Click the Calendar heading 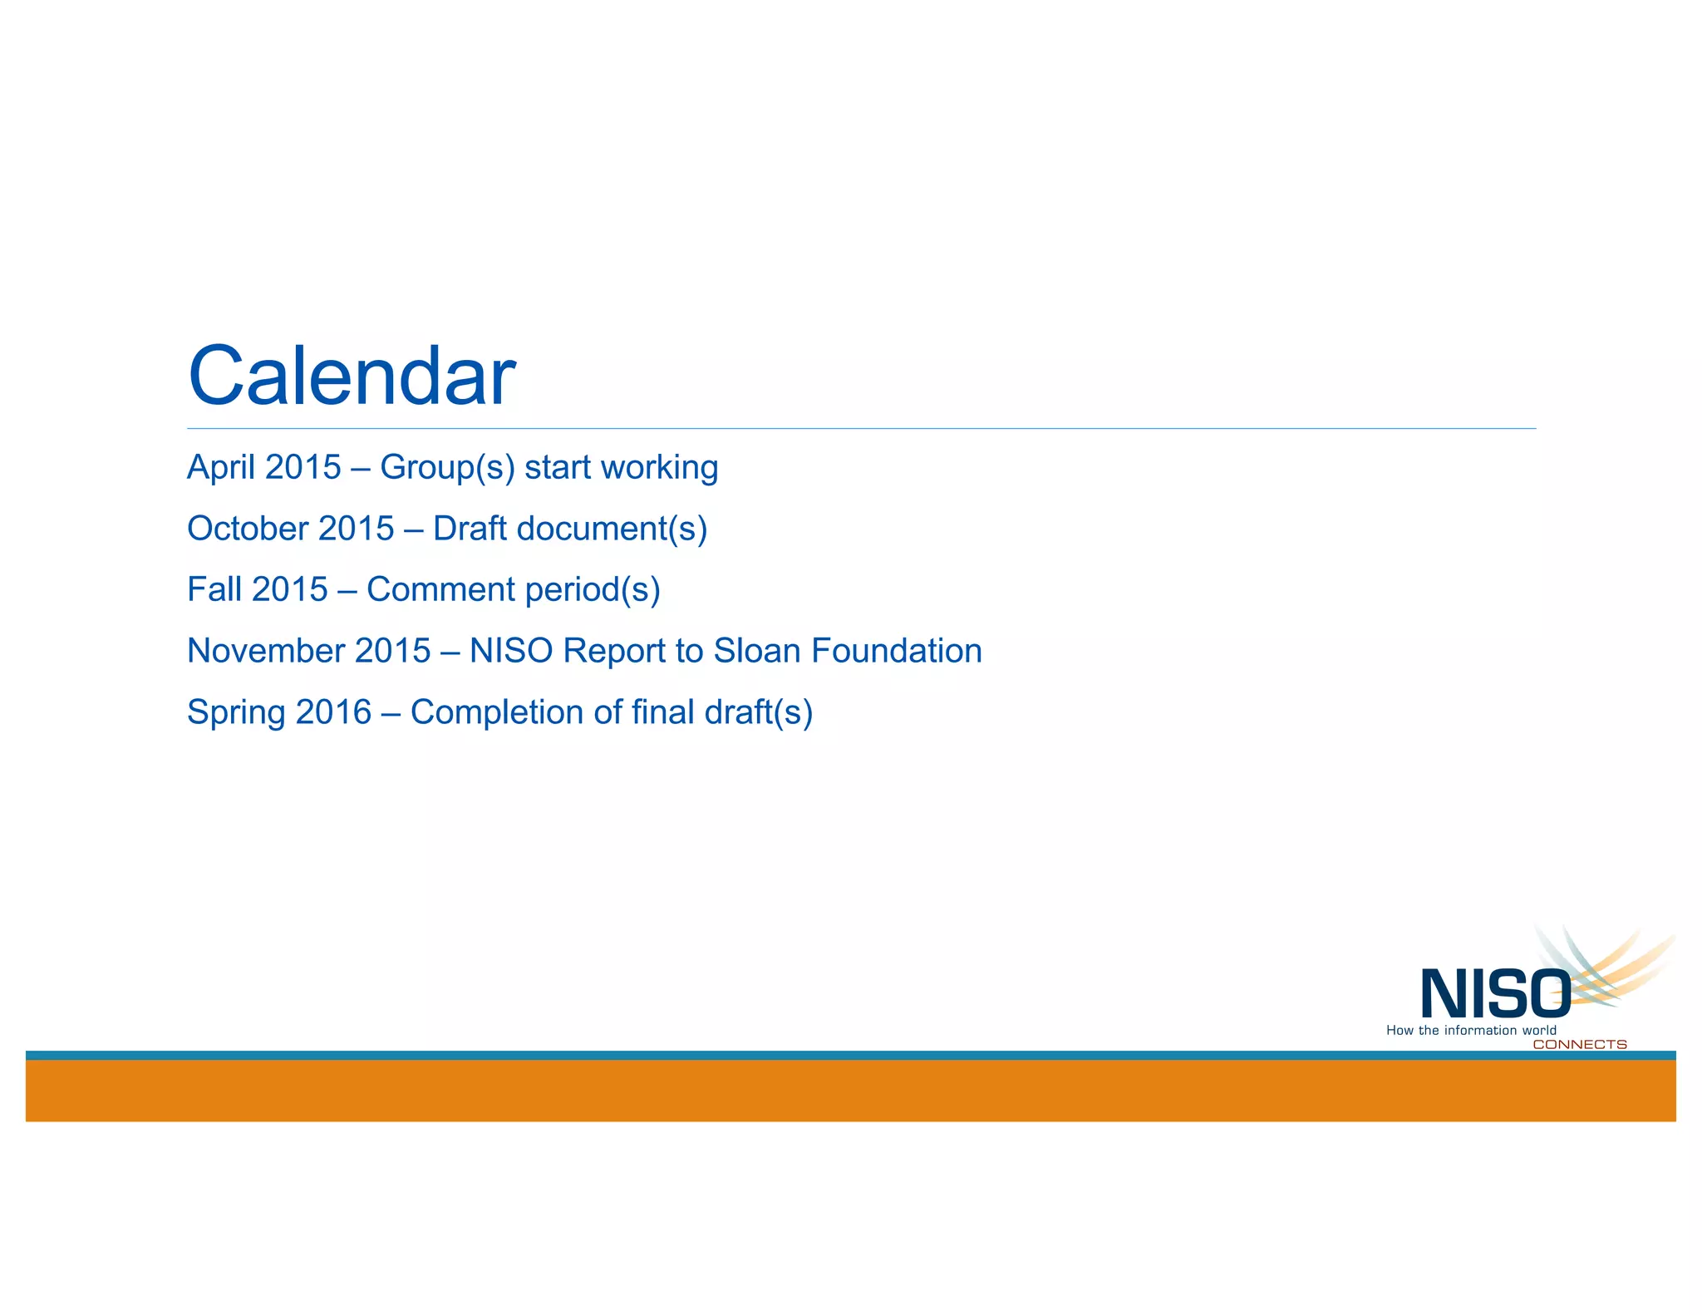(x=352, y=376)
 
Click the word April (x=220, y=467)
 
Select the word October (x=247, y=529)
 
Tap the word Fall (x=214, y=589)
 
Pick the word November (x=265, y=651)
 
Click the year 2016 (x=333, y=712)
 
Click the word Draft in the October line (x=470, y=529)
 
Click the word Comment (x=441, y=589)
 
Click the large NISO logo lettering (x=1494, y=994)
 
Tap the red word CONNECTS (x=1579, y=1045)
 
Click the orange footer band (x=850, y=1091)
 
